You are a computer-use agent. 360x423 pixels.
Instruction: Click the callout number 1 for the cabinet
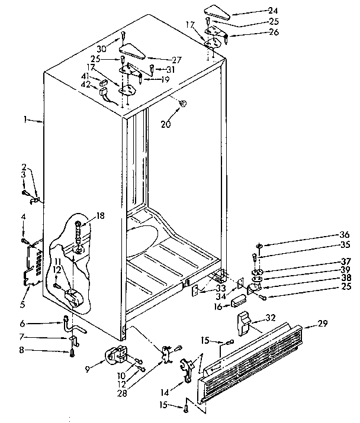tap(25, 120)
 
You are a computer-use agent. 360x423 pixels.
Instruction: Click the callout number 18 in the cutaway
tap(100, 216)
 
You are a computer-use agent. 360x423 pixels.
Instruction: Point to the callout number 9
tap(87, 369)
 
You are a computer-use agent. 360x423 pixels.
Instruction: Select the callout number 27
tap(160, 59)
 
